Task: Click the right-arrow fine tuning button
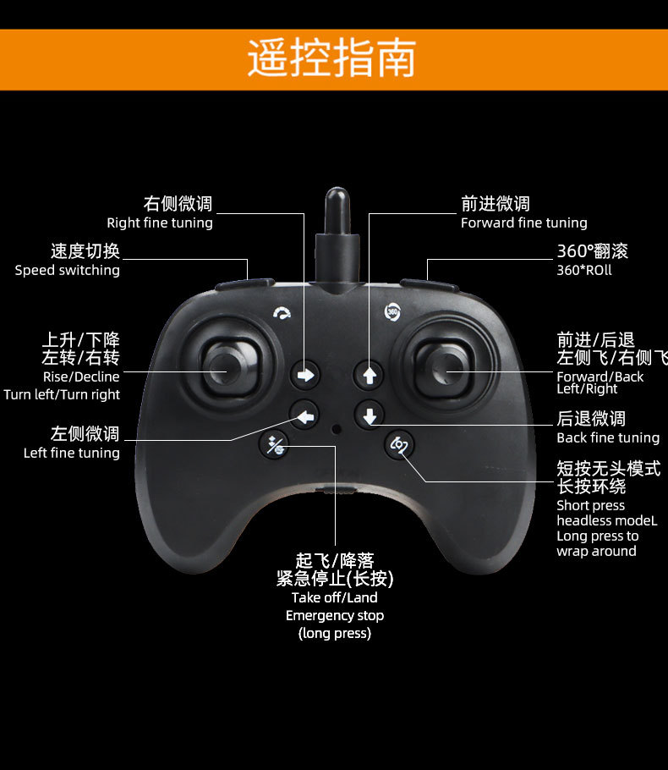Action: point(306,373)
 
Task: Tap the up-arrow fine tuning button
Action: point(369,373)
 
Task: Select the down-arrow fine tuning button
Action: point(370,415)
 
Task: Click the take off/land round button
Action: point(275,445)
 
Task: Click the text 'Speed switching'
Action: point(68,271)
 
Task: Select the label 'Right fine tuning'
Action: point(160,223)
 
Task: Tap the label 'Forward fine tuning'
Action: point(523,223)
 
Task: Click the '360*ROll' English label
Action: point(583,271)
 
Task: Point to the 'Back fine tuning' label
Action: point(607,437)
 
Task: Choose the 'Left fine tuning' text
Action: point(72,454)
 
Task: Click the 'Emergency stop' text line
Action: point(335,616)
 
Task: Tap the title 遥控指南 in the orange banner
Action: point(332,58)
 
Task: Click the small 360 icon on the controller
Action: point(392,311)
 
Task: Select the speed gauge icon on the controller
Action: point(282,314)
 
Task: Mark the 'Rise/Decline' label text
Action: point(81,377)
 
